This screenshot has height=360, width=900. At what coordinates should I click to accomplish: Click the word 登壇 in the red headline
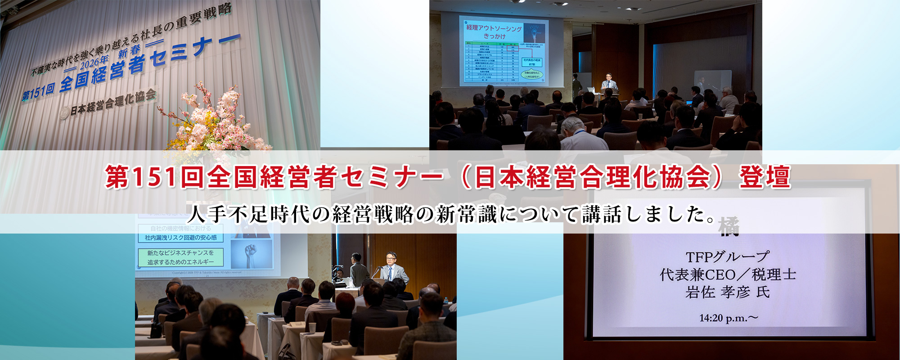(765, 177)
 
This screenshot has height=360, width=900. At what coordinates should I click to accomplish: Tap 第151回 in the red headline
(141, 177)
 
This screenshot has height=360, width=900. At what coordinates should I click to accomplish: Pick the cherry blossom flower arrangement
(216, 121)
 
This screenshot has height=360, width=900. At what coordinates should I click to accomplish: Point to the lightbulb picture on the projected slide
(535, 33)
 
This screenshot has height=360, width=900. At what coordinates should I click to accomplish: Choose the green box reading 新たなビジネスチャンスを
(180, 257)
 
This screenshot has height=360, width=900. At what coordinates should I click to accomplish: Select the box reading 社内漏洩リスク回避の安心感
(180, 238)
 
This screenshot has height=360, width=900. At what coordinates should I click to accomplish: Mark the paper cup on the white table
(312, 328)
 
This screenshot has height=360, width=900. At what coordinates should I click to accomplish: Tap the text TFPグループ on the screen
(727, 257)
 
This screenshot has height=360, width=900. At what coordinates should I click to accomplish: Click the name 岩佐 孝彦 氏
(727, 292)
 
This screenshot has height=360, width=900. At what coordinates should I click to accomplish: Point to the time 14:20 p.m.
(727, 318)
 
